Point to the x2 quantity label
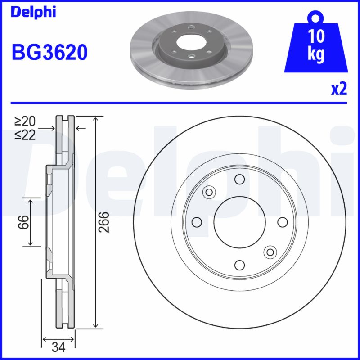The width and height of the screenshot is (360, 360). (339, 89)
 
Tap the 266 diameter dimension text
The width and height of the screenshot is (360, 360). (104, 222)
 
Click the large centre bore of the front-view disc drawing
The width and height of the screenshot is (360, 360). (239, 222)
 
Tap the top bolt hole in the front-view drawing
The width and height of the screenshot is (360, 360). (239, 180)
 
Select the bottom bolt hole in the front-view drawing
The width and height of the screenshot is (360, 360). (239, 265)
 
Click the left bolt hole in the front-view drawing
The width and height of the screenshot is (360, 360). (197, 222)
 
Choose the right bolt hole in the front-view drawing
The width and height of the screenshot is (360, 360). (282, 222)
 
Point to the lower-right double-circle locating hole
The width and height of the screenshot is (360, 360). (270, 252)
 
